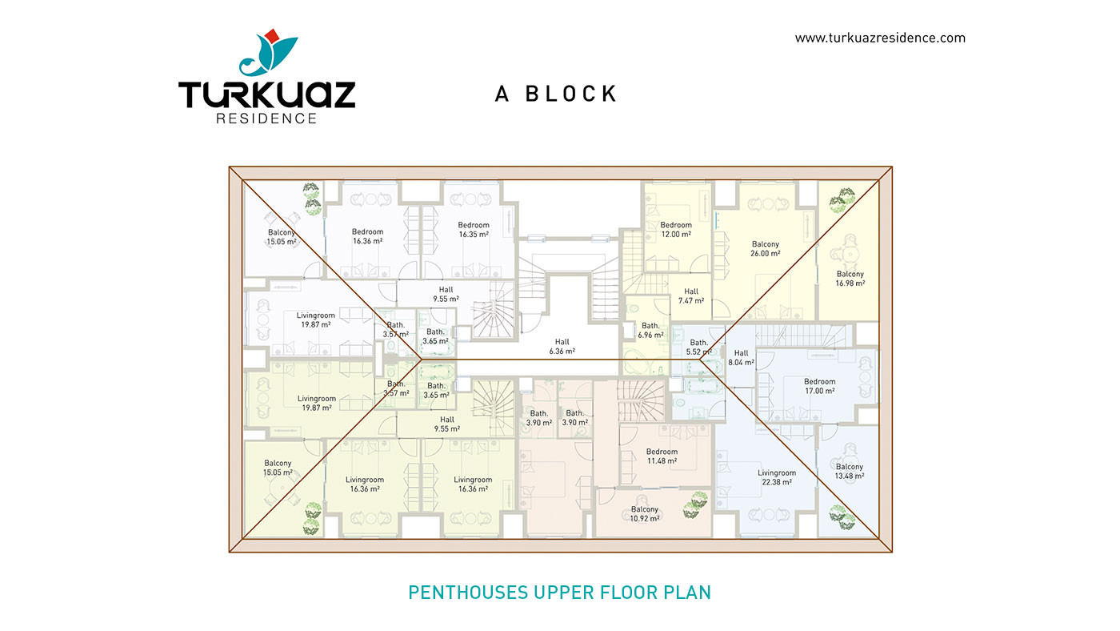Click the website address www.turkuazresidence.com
pos(880,38)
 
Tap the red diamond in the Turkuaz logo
pos(271,35)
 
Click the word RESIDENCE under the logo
pos(266,119)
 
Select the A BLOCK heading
pos(555,94)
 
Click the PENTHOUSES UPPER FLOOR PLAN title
pos(559,593)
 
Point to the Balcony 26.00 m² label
pos(766,249)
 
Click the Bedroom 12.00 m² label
pos(676,230)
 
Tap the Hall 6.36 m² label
pos(562,347)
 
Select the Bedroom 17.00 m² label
pos(819,386)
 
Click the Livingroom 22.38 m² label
pos(777,477)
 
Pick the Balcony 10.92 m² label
pos(645,514)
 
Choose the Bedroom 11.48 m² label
pos(662,456)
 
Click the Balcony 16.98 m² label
pos(850,279)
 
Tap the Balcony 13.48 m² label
pos(849,472)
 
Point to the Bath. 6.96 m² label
pos(650,330)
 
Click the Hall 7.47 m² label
pos(691,295)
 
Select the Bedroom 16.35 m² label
pos(474,230)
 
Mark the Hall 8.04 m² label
pos(741,358)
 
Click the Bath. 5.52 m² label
pos(698,348)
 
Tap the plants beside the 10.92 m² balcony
pos(695,504)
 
